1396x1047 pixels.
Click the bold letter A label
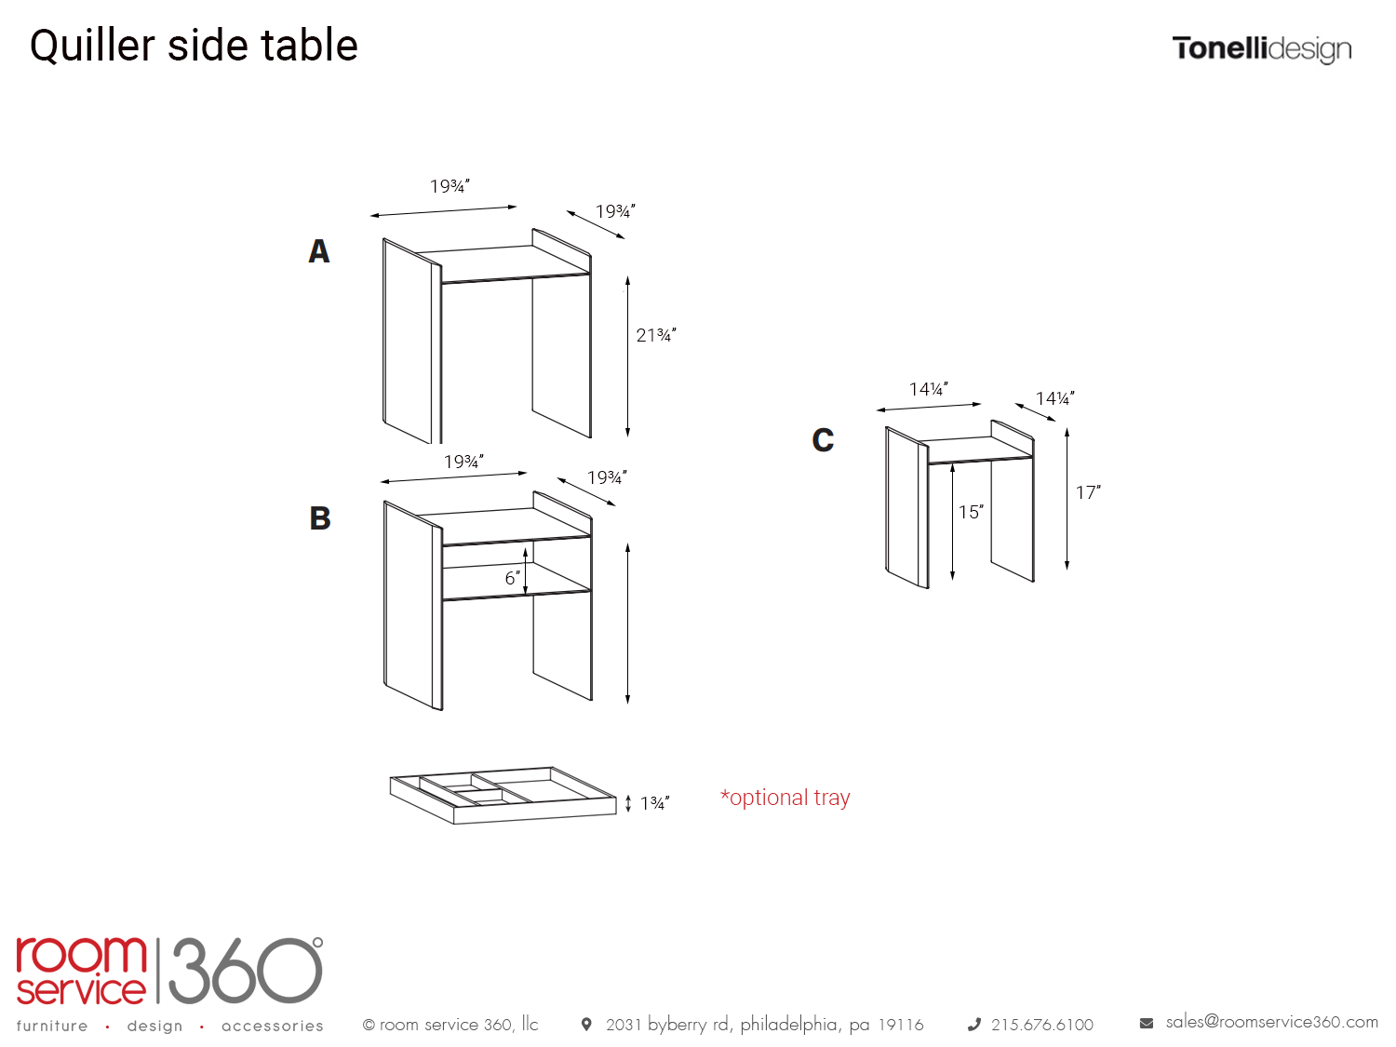point(318,250)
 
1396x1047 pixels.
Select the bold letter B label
point(320,517)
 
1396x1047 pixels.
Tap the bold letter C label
point(823,440)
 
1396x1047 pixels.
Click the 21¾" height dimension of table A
point(656,334)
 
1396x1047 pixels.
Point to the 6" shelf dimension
point(513,578)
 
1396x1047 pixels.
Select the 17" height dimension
point(1088,492)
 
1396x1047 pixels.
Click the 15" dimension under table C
point(971,512)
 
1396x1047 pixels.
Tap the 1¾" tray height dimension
point(654,803)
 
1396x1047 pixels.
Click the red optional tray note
point(785,798)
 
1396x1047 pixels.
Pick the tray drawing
point(503,796)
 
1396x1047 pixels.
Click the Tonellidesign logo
point(1261,49)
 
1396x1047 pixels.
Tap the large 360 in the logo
point(246,970)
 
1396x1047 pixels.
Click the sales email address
point(1271,1022)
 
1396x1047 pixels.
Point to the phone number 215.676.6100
point(1041,1025)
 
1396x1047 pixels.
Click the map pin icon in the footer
point(586,1024)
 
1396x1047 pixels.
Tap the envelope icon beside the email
point(1146,1023)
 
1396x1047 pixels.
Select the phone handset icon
point(973,1024)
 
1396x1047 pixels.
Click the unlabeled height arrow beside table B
point(627,624)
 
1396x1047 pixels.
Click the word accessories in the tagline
point(272,1026)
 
